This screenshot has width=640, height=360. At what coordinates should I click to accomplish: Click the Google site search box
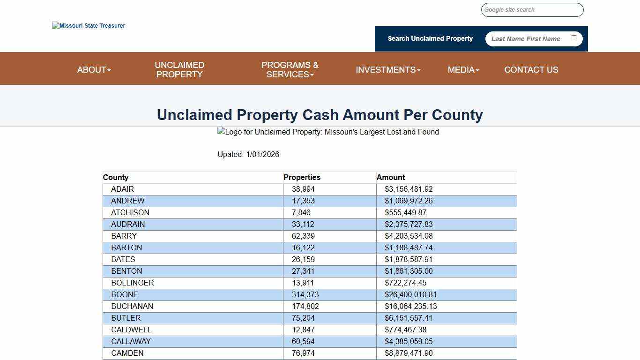pos(532,10)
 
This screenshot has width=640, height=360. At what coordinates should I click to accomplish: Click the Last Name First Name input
pos(527,39)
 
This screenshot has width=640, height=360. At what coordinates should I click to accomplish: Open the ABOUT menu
pos(94,70)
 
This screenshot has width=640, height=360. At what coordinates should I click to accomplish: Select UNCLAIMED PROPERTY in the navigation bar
pos(179,70)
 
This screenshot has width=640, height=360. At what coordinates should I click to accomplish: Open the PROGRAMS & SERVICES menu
pos(290,70)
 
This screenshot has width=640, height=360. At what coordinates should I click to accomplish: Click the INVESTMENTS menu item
pos(388,70)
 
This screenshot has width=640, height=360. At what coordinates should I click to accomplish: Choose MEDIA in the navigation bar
pos(463,70)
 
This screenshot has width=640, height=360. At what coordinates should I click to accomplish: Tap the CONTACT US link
pos(531,70)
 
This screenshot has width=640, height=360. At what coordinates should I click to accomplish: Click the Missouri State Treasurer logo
pos(89,26)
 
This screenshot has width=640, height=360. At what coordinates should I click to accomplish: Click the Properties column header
pos(302,178)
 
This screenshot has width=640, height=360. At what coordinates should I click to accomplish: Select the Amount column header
pos(391,178)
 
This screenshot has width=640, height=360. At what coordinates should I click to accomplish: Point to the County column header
pos(116,178)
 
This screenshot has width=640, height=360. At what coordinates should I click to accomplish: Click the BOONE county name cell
pos(125,295)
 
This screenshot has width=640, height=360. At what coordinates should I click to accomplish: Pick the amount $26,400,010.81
pos(411,295)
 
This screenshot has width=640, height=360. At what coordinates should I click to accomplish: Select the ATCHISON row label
pos(130,213)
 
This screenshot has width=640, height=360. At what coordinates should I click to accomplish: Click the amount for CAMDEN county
pos(409,353)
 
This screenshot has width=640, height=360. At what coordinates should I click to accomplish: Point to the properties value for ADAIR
pos(303,189)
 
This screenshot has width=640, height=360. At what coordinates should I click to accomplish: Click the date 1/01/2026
pos(262,155)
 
